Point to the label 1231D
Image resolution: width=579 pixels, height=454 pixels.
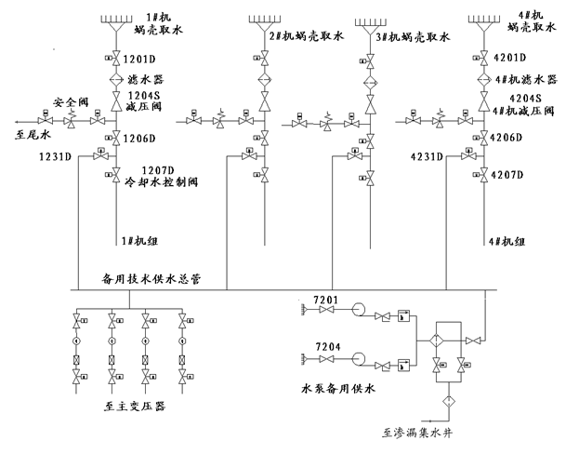pyautogui.click(x=56, y=155)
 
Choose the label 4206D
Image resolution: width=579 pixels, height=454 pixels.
pyautogui.click(x=510, y=138)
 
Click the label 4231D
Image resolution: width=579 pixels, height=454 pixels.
pyautogui.click(x=428, y=157)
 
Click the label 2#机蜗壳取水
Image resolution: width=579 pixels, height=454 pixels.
pyautogui.click(x=306, y=36)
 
